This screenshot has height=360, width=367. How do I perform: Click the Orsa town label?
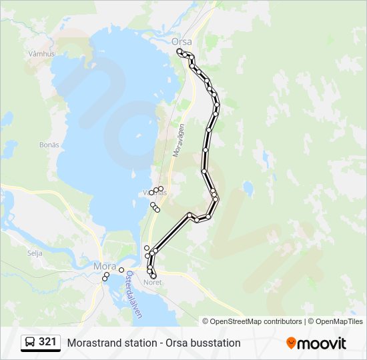coord(181,41)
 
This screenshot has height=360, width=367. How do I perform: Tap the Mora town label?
coord(104,266)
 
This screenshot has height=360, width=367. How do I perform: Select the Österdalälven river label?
coord(130,294)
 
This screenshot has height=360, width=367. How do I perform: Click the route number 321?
coord(47,341)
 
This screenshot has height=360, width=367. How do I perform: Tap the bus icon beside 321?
coord(30,342)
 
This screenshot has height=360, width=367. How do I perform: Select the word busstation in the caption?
coord(215,343)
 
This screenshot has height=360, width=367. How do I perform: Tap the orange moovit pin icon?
coord(292,343)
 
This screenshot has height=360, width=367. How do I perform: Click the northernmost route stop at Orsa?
coord(179,51)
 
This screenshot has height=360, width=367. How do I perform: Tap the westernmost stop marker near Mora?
coord(105,279)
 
